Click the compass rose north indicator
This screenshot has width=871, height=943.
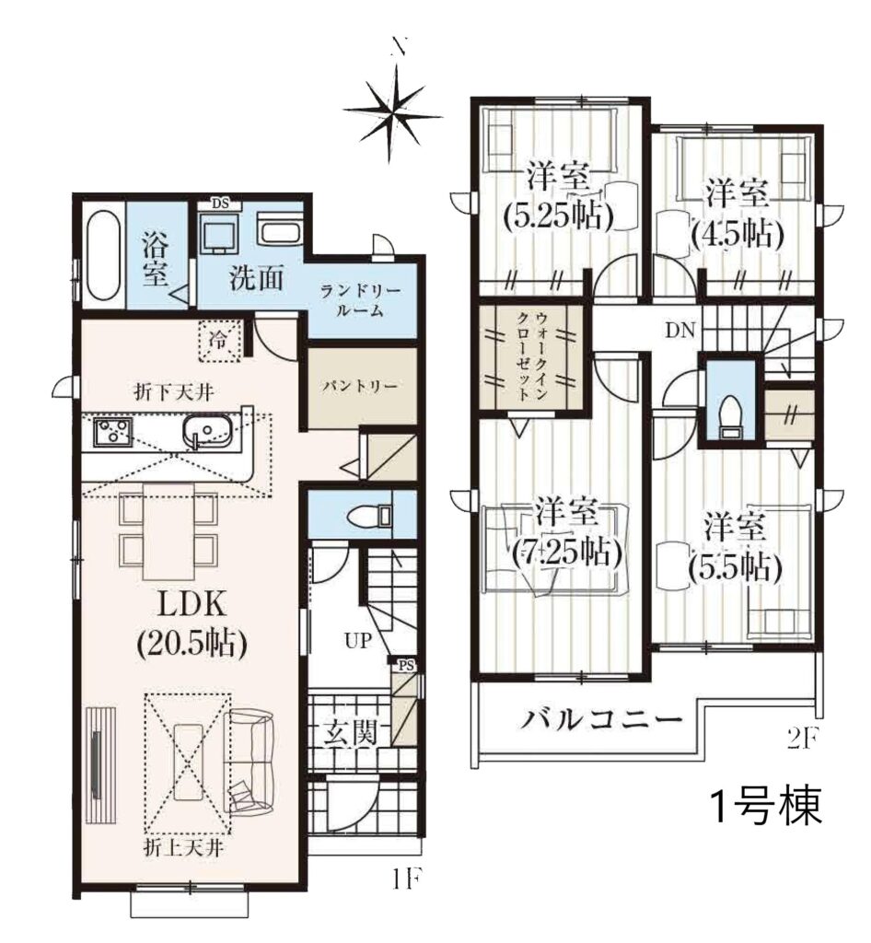(395, 111)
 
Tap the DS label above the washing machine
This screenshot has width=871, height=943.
(220, 203)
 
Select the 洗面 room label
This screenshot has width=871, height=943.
(256, 277)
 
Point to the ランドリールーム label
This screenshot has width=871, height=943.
(360, 301)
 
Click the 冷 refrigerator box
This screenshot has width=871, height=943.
(220, 341)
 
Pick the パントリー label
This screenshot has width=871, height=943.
(359, 386)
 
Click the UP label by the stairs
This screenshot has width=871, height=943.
(358, 641)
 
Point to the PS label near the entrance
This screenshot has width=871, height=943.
(406, 665)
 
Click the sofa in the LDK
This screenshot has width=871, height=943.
(250, 760)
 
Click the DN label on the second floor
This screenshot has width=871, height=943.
(679, 330)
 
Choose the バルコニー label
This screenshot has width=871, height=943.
(600, 719)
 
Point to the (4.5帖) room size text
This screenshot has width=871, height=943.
(737, 233)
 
